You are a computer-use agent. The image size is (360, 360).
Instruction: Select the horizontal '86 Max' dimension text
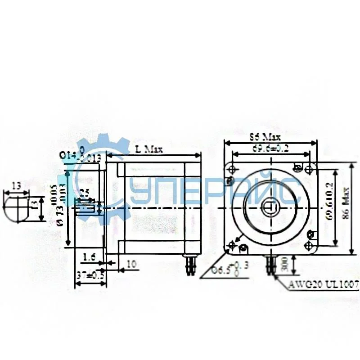click(x=265, y=136)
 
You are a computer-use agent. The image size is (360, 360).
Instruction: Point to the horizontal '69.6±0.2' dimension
click(x=270, y=148)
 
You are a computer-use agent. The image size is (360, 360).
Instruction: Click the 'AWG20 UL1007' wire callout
click(x=323, y=284)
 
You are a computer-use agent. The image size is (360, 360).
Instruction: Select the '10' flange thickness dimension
click(x=131, y=265)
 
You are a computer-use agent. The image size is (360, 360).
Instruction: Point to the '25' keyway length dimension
click(x=84, y=193)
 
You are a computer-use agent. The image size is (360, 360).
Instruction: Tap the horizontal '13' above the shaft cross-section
click(x=16, y=185)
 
